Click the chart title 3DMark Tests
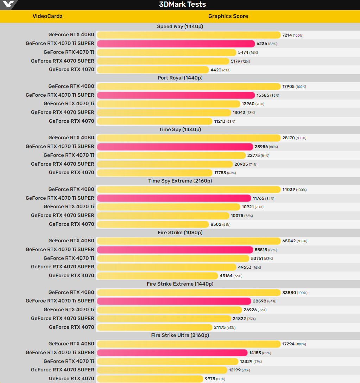(x=182, y=5)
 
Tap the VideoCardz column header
(x=48, y=16)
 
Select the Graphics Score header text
(x=228, y=16)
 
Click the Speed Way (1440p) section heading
(x=180, y=27)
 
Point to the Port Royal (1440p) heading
(x=180, y=78)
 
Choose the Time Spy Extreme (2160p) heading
(x=180, y=181)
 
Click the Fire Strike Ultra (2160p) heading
(x=180, y=336)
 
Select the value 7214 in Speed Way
(x=287, y=35)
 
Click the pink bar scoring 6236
(x=175, y=44)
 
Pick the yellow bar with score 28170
(x=188, y=138)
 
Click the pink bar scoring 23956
(x=175, y=147)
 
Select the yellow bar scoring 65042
(x=188, y=241)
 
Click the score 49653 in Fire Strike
(x=245, y=267)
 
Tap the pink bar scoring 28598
(x=173, y=301)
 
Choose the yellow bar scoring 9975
(x=150, y=379)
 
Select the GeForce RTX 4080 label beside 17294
(x=71, y=344)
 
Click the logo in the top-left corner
(x=8, y=5)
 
